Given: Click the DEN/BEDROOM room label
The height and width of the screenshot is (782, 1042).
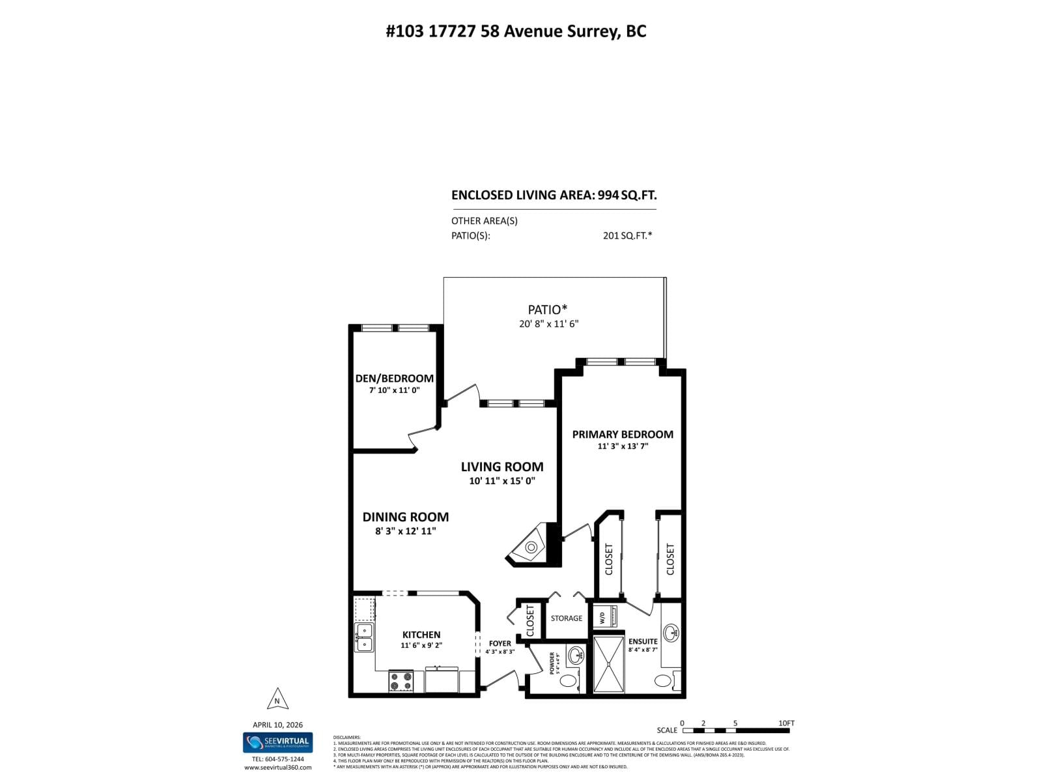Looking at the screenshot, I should (394, 379).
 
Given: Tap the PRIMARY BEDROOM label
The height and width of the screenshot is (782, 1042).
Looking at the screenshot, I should (623, 434).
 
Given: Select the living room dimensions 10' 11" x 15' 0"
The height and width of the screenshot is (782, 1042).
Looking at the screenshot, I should (502, 481).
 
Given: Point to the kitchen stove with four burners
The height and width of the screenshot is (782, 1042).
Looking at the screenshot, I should (401, 681).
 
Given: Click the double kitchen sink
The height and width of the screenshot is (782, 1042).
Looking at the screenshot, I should (364, 637).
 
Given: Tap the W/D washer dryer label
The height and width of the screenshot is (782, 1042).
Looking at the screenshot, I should (602, 618).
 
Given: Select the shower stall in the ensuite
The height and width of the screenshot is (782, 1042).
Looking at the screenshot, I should (608, 664).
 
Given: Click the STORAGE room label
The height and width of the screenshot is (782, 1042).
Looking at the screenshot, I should (566, 618).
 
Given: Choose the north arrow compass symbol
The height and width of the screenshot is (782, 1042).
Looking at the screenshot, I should (277, 699).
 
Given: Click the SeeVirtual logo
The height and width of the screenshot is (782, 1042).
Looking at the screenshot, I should (278, 742).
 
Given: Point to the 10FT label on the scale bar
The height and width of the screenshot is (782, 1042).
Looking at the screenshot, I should (786, 723).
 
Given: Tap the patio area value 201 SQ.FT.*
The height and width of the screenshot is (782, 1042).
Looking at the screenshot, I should (627, 236).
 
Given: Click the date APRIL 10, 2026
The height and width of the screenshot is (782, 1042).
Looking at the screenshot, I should (277, 725).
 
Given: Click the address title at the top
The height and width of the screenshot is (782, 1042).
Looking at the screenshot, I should (516, 31).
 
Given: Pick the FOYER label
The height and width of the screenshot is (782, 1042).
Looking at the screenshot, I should (500, 643).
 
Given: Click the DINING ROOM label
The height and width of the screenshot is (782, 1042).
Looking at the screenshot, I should (405, 517).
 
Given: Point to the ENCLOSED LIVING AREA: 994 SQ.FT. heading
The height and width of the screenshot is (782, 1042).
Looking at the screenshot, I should (554, 195).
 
